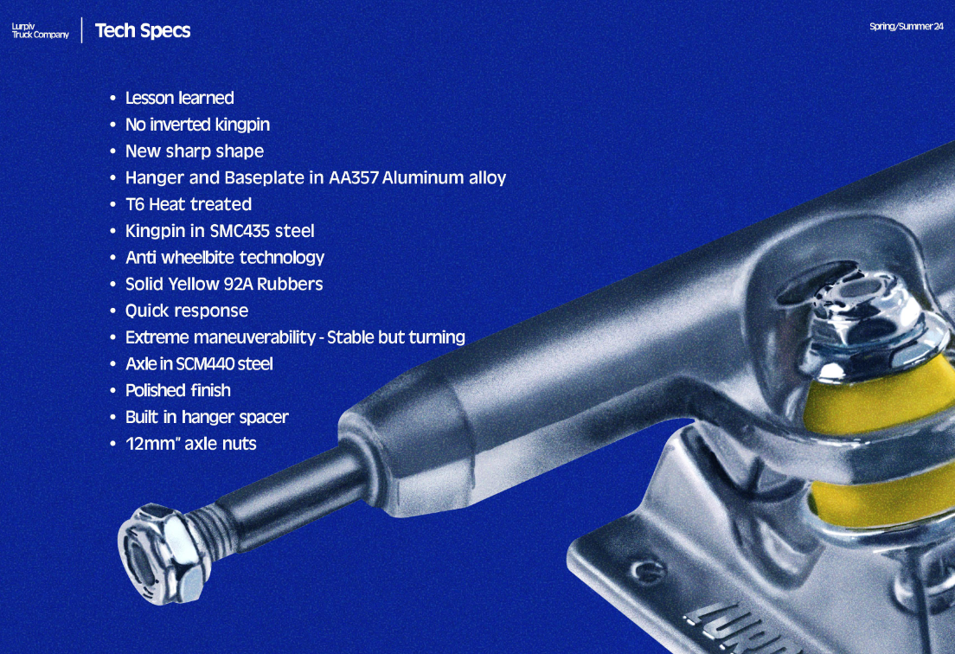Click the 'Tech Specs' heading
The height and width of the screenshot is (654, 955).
pos(142,30)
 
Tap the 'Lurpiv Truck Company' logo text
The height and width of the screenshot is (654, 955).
pos(40,30)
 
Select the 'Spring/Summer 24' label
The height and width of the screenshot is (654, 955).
pos(906,26)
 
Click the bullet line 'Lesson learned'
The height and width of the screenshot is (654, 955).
pos(179,98)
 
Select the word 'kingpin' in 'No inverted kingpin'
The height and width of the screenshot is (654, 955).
pos(242,125)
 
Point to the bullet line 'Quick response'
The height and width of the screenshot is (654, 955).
pos(186,311)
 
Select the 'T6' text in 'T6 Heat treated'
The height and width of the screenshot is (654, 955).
pos(134,205)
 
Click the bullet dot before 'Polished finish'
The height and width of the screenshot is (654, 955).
pos(112,391)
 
